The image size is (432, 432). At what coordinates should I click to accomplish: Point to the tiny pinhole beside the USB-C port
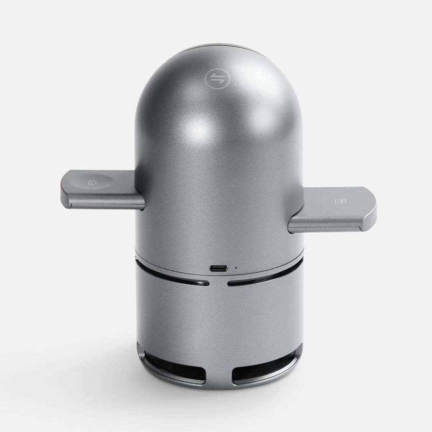point(236,268)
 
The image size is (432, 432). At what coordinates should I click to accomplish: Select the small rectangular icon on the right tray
point(338,201)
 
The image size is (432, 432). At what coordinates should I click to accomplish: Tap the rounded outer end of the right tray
point(370,208)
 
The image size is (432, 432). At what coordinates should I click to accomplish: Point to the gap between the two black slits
point(218,284)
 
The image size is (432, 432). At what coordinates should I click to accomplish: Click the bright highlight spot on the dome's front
point(200,128)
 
